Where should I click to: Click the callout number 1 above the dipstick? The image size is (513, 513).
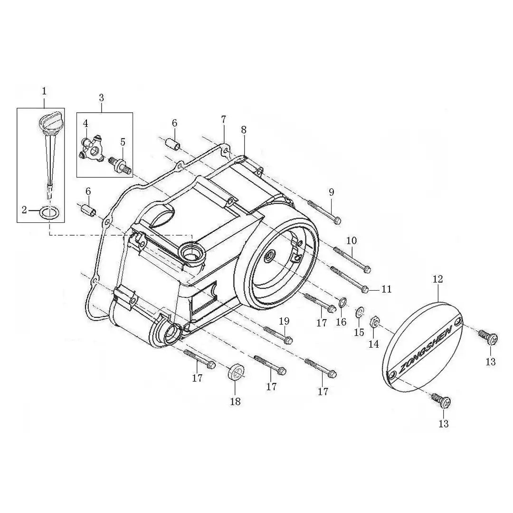pyautogui.click(x=44, y=91)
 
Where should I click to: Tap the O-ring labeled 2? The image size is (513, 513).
pyautogui.click(x=50, y=212)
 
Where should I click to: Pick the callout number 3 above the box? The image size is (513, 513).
pyautogui.click(x=102, y=97)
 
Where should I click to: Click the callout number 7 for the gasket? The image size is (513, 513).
pyautogui.click(x=223, y=119)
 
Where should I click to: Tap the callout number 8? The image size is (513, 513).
pyautogui.click(x=243, y=130)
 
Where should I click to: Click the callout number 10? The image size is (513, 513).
pyautogui.click(x=351, y=241)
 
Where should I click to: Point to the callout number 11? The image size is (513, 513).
pyautogui.click(x=386, y=289)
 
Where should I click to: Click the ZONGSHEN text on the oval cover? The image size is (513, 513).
pyautogui.click(x=425, y=348)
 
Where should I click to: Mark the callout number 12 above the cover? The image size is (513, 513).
pyautogui.click(x=438, y=279)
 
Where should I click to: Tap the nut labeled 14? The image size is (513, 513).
pyautogui.click(x=374, y=322)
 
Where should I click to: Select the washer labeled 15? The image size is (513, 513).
pyautogui.click(x=359, y=312)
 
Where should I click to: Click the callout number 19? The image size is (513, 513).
pyautogui.click(x=285, y=321)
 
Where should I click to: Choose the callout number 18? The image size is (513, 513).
pyautogui.click(x=235, y=401)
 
